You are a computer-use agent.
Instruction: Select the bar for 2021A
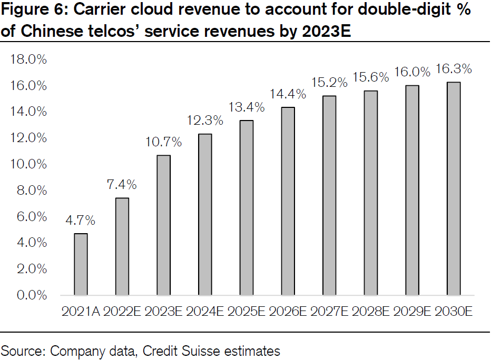tap(81, 264)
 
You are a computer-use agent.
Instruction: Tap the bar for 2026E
tap(288, 201)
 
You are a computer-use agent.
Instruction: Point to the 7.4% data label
tap(122, 185)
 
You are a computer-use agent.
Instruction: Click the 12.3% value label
tap(205, 121)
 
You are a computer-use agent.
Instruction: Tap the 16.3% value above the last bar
tap(454, 69)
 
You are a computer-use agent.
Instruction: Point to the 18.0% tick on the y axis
tap(28, 59)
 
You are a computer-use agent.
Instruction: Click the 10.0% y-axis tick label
tap(28, 164)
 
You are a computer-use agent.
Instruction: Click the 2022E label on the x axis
tap(122, 311)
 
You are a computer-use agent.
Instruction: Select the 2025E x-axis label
tap(246, 311)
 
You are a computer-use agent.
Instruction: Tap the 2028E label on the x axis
tap(370, 311)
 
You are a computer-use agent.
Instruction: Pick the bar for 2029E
tap(412, 190)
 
